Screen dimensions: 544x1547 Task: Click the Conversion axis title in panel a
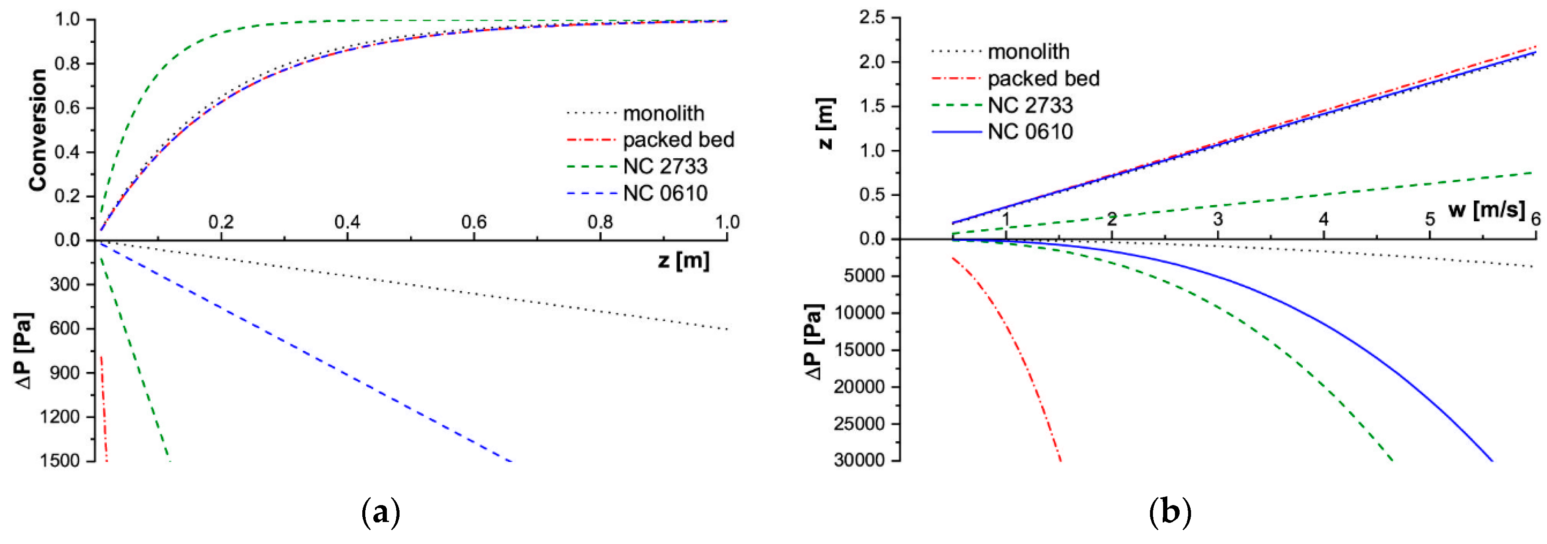pyautogui.click(x=37, y=130)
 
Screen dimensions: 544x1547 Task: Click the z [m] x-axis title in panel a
pyautogui.click(x=684, y=261)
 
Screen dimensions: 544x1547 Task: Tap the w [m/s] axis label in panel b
pyautogui.click(x=1486, y=209)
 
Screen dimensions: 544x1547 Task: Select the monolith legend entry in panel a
pyautogui.click(x=663, y=113)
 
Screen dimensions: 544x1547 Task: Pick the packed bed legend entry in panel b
pyautogui.click(x=1043, y=79)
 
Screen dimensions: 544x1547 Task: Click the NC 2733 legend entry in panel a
pyautogui.click(x=665, y=166)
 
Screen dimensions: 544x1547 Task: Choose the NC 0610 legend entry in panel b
pyautogui.click(x=1030, y=132)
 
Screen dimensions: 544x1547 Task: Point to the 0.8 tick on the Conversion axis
pyautogui.click(x=67, y=63)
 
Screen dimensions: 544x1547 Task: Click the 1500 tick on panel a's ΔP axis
pyautogui.click(x=60, y=461)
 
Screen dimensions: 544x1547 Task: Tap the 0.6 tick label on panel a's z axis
pyautogui.click(x=474, y=222)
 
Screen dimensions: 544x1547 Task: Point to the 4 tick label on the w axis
pyautogui.click(x=1324, y=219)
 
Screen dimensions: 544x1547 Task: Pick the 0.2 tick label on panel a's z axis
pyautogui.click(x=221, y=222)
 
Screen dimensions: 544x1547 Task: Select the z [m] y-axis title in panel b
pyautogui.click(x=827, y=123)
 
